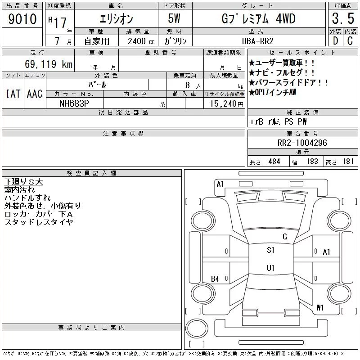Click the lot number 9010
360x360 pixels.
click(22, 18)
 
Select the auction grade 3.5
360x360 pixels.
click(343, 18)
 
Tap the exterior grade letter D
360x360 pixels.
click(335, 40)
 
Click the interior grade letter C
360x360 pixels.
click(350, 40)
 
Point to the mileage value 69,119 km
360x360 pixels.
click(49, 64)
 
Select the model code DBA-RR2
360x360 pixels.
click(257, 41)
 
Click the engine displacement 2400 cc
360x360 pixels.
click(141, 41)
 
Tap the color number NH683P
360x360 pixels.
click(74, 103)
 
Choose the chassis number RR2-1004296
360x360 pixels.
click(302, 143)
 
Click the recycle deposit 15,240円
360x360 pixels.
click(227, 104)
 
